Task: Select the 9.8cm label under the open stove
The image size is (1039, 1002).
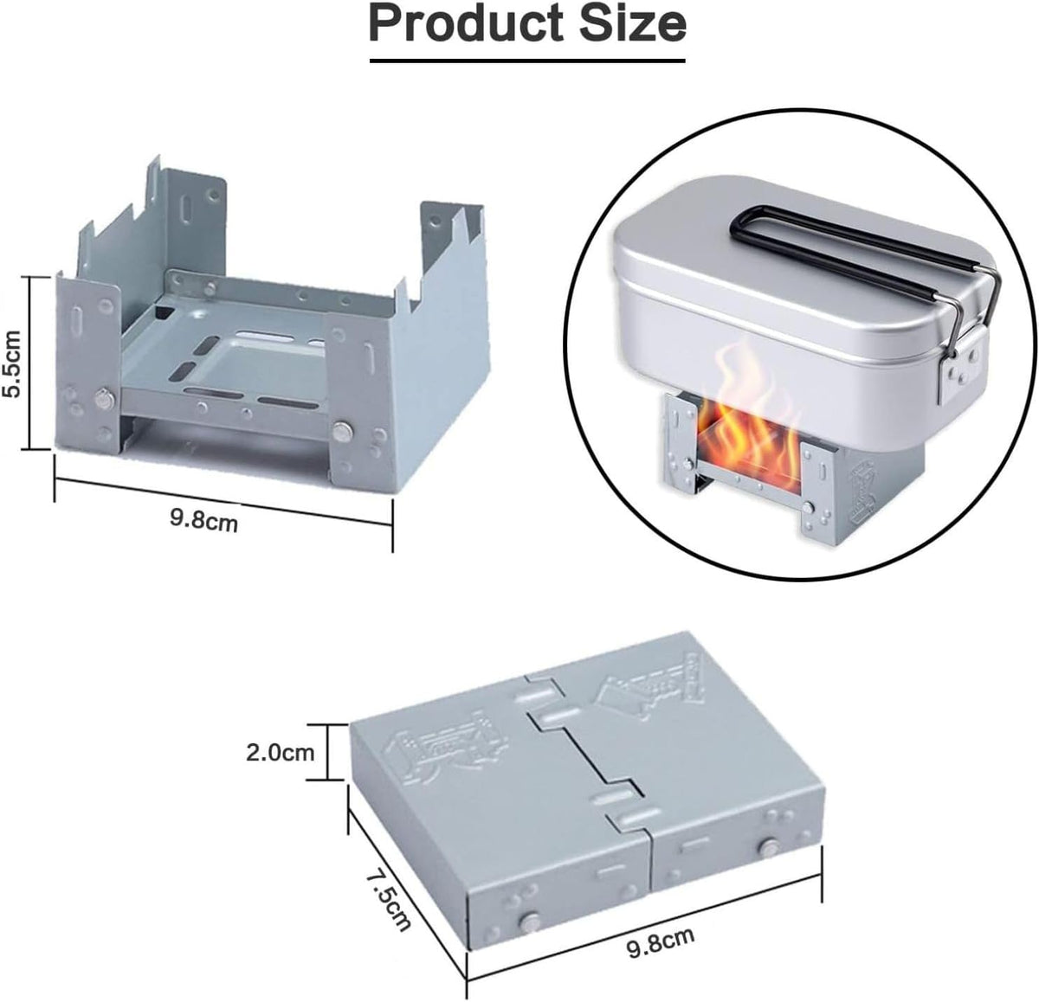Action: click(x=204, y=520)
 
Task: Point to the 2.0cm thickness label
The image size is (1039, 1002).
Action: click(x=281, y=752)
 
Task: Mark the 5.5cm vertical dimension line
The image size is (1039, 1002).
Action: click(x=32, y=363)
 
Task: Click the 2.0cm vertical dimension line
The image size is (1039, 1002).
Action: click(x=326, y=752)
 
